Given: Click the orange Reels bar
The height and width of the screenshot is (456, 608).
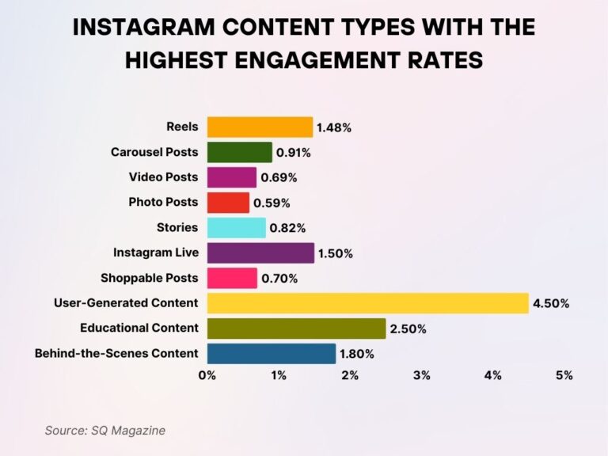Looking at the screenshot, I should pyautogui.click(x=260, y=127).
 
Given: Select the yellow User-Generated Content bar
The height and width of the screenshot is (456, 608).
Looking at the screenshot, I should pyautogui.click(x=367, y=303).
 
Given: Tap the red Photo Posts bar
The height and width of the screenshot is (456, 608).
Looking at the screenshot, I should pyautogui.click(x=228, y=203).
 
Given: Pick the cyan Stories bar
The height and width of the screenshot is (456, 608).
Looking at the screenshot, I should pyautogui.click(x=236, y=228).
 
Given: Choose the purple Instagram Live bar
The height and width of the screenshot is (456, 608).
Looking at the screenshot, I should pyautogui.click(x=260, y=253).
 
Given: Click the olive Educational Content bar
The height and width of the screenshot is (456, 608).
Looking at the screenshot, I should pyautogui.click(x=296, y=329).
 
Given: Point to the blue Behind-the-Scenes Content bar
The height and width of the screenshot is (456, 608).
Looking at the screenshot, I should pyautogui.click(x=271, y=354).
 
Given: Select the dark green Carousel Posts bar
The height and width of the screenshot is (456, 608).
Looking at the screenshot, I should pyautogui.click(x=239, y=152).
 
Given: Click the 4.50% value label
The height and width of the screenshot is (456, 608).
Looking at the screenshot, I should pyautogui.click(x=552, y=304).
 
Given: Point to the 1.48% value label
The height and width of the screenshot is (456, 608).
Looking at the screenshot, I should pyautogui.click(x=335, y=127).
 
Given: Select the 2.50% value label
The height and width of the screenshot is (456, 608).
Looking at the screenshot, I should pyautogui.click(x=409, y=329).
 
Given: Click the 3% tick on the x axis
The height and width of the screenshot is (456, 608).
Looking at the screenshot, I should pyautogui.click(x=421, y=375).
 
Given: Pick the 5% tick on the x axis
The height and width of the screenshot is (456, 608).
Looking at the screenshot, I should pyautogui.click(x=564, y=375).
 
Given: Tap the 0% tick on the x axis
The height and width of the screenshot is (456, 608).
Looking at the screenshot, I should pyautogui.click(x=207, y=375).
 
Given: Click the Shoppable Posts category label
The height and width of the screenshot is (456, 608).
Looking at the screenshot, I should pyautogui.click(x=150, y=278).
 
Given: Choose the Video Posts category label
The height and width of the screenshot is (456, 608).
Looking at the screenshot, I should pyautogui.click(x=164, y=177).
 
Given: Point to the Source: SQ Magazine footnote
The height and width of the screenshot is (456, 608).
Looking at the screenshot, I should pyautogui.click(x=105, y=431).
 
